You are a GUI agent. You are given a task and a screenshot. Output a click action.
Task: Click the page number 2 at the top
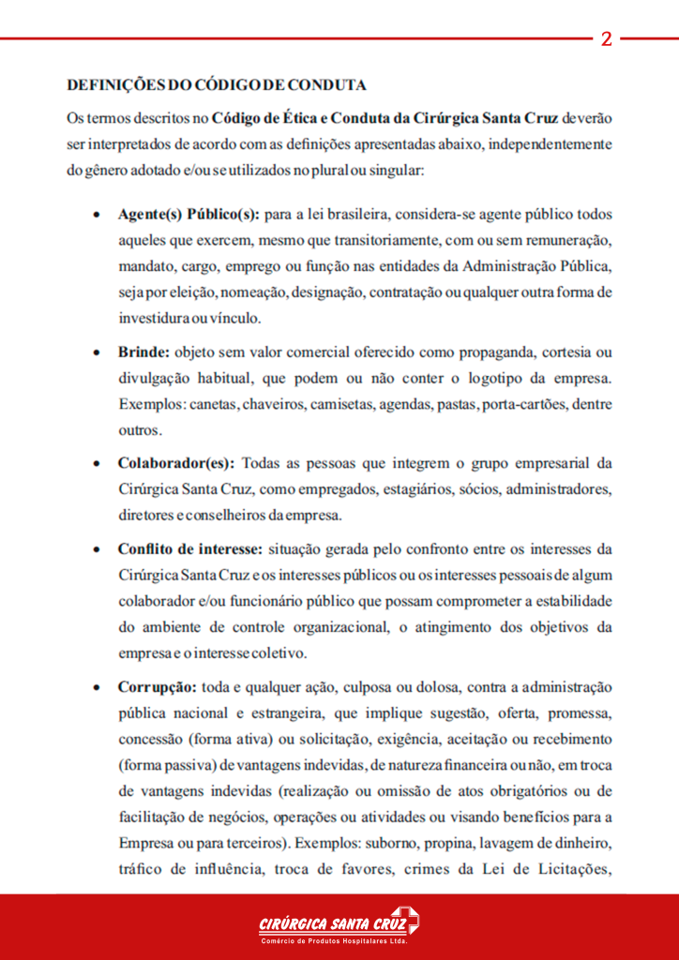point(606,39)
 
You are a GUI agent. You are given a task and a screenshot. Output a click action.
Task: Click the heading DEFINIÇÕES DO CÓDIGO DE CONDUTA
point(216,85)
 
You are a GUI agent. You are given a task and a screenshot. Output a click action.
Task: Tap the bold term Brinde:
point(143,352)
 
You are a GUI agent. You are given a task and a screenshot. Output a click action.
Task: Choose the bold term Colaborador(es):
point(176,463)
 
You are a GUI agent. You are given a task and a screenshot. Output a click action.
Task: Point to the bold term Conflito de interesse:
point(191,548)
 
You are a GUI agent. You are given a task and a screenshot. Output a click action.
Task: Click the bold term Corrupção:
point(157,687)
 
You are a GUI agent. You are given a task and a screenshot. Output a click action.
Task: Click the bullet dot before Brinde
point(98,353)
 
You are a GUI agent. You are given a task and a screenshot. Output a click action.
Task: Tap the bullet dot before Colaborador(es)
point(98,464)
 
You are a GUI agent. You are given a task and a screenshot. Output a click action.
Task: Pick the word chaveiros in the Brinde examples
point(270,405)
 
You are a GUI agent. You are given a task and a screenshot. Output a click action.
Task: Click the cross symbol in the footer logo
point(404,920)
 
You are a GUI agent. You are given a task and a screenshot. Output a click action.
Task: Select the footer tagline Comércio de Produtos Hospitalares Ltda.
point(333,940)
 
